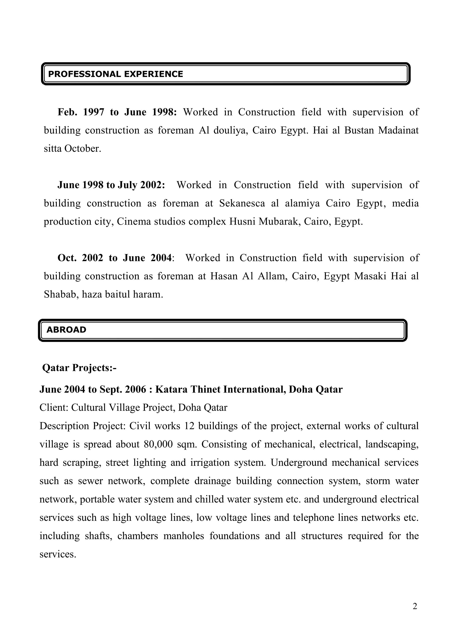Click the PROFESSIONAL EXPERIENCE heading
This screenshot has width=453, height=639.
click(115, 74)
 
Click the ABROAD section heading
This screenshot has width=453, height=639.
click(66, 330)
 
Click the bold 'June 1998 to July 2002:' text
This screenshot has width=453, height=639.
click(111, 185)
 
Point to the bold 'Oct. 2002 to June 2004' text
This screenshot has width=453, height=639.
click(114, 258)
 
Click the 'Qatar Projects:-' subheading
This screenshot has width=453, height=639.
click(79, 368)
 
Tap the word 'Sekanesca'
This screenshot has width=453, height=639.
click(242, 203)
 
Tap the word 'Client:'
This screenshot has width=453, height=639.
click(54, 408)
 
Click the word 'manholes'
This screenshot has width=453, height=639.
click(184, 536)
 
